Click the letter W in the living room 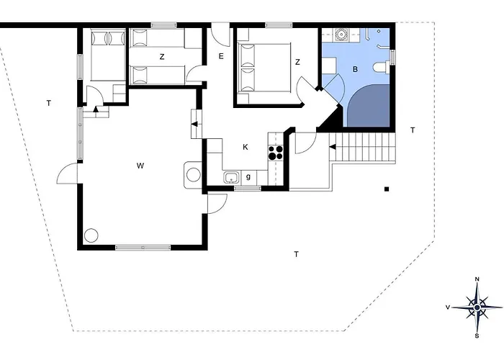pos(140,166)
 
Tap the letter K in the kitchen pos(246,147)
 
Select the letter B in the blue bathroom pos(355,69)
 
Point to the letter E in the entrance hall pos(221,57)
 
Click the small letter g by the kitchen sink pos(248,177)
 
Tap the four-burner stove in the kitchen pos(276,153)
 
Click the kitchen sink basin pos(231,177)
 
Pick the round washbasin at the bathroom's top pos(341,33)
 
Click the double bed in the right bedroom pos(264,68)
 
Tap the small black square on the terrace pos(387,189)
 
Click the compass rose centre pos(477,307)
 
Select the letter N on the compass pos(477,279)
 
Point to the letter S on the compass pos(477,336)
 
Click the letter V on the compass pos(447,307)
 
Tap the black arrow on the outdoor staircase pos(333,147)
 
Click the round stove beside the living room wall pos(194,175)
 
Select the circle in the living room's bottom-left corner pos(91,235)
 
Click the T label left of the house pos(49,103)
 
